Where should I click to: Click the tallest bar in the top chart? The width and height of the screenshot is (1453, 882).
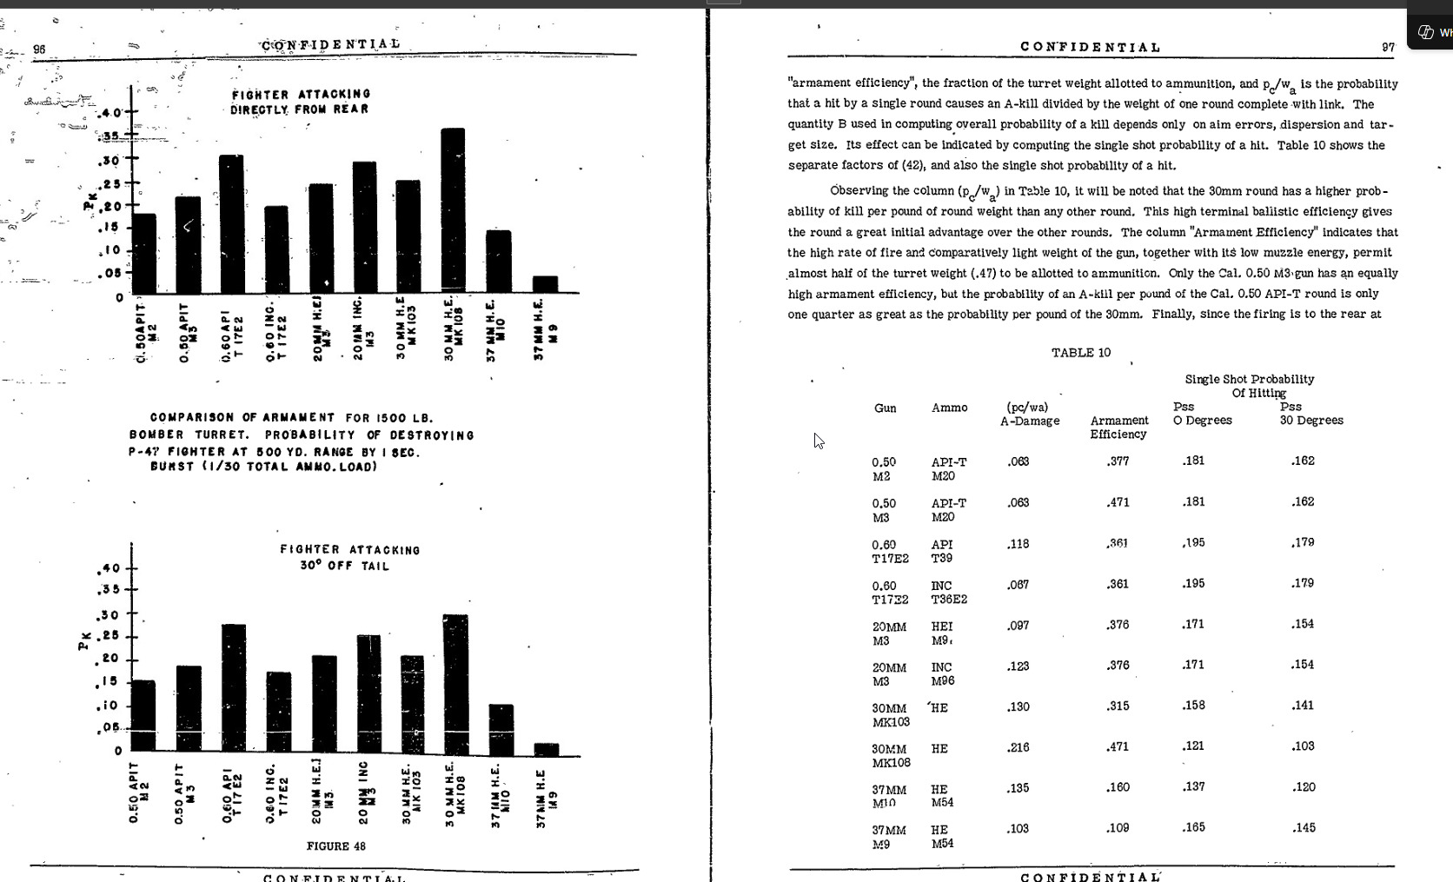click(x=453, y=209)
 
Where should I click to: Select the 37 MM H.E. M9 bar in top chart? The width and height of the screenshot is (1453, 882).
click(x=545, y=284)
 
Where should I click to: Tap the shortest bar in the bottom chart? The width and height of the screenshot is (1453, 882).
click(x=547, y=749)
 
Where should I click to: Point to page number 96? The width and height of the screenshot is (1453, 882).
click(x=39, y=50)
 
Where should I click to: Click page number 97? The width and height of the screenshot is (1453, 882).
click(x=1388, y=48)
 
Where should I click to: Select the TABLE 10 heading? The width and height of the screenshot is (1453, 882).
click(x=1080, y=353)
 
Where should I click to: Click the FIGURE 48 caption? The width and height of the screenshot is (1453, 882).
click(x=336, y=846)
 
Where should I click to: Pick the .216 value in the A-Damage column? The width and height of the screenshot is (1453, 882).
click(x=1018, y=747)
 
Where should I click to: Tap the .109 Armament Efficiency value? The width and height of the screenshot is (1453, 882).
click(x=1118, y=828)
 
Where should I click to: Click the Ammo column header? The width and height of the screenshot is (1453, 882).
click(x=949, y=408)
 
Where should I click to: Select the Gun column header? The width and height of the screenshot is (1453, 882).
click(x=885, y=408)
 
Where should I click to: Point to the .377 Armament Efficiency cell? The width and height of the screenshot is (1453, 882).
click(x=1118, y=461)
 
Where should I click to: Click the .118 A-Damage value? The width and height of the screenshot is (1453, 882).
click(x=1018, y=544)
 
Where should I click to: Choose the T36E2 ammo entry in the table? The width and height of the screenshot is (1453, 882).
click(x=949, y=600)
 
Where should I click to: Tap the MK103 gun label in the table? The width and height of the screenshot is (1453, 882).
click(x=891, y=722)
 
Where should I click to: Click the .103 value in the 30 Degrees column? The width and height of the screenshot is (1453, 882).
click(x=1303, y=746)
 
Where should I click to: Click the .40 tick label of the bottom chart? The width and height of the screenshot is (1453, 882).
click(x=109, y=569)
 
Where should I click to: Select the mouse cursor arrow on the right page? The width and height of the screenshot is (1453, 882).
click(x=818, y=440)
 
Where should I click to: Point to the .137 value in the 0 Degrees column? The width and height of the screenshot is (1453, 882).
click(x=1193, y=786)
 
